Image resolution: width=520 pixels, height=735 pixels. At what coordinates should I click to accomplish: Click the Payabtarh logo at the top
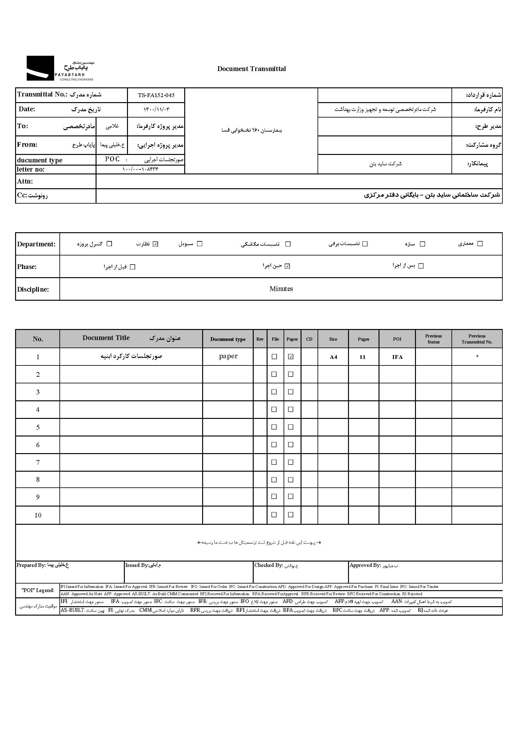60,68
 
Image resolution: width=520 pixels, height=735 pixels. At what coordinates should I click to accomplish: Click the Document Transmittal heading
252,69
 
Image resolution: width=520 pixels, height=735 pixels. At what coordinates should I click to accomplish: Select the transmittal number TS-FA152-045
156,95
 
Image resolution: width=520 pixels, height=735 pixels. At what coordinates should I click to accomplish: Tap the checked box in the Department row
156,244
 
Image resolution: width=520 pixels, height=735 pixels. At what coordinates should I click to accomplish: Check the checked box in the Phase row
287,266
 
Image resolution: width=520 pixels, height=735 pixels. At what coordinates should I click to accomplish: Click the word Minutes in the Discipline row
281,289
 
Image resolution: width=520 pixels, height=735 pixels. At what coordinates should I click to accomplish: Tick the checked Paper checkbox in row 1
291,357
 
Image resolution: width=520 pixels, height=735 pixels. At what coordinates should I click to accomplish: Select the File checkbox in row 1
274,357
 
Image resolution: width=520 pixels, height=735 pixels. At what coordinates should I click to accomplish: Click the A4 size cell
333,357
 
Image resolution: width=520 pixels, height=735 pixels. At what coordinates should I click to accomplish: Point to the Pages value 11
362,357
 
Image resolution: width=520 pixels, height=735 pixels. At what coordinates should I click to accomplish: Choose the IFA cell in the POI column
397,357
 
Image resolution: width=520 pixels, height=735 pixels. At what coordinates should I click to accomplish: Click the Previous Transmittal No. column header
477,339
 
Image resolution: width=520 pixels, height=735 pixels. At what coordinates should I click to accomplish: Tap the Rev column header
260,339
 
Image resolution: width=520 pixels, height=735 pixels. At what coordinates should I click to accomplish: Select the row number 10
38,515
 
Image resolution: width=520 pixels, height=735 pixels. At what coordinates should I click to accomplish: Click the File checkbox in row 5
274,427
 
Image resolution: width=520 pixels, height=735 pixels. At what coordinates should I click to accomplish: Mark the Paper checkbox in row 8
291,480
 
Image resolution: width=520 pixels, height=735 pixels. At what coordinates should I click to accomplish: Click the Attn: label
25,182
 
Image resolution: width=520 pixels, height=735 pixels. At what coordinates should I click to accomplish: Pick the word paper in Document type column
228,356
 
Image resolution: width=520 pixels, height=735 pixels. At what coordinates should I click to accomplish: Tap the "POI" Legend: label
38,590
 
